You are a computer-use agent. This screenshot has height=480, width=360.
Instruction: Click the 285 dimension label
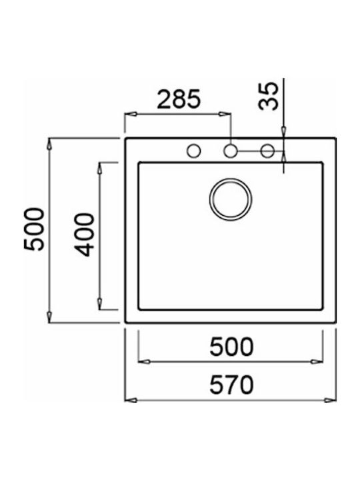coord(178,99)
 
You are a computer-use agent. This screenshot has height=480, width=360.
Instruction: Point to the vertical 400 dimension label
coord(83,235)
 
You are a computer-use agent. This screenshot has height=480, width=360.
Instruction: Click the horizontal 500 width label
coord(231,347)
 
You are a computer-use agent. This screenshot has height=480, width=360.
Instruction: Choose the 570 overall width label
coord(231,385)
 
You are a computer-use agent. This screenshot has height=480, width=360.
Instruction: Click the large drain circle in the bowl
coord(231,199)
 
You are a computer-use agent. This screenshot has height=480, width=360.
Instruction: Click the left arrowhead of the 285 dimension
coord(129,113)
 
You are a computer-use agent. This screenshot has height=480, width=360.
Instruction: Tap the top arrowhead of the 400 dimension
coord(100,165)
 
